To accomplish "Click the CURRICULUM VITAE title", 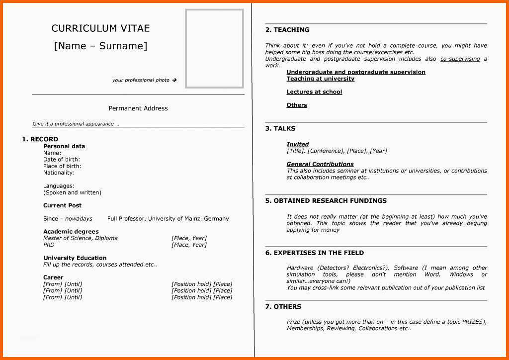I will (x=100, y=28).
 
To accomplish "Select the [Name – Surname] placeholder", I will (x=100, y=46).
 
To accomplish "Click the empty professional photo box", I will (x=214, y=48).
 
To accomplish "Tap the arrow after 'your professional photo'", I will (x=174, y=80).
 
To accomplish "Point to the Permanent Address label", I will (x=138, y=108).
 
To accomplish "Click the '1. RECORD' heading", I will (x=40, y=139).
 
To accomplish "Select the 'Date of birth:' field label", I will (x=62, y=160).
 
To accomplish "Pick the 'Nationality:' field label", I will (x=59, y=173).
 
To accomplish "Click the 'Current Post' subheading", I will (x=62, y=205).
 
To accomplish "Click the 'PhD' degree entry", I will (x=49, y=245).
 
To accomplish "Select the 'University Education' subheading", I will (x=75, y=258).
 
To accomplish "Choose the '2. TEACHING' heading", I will (x=287, y=30).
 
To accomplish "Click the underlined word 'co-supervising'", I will (x=460, y=59).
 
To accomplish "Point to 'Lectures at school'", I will (x=314, y=92).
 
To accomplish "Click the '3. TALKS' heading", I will (x=280, y=128).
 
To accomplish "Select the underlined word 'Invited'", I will (x=297, y=144).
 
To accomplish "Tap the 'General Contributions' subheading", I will (x=320, y=164).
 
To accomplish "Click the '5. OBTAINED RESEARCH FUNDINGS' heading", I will (x=326, y=201).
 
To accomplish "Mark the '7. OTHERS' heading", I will (x=283, y=307).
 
